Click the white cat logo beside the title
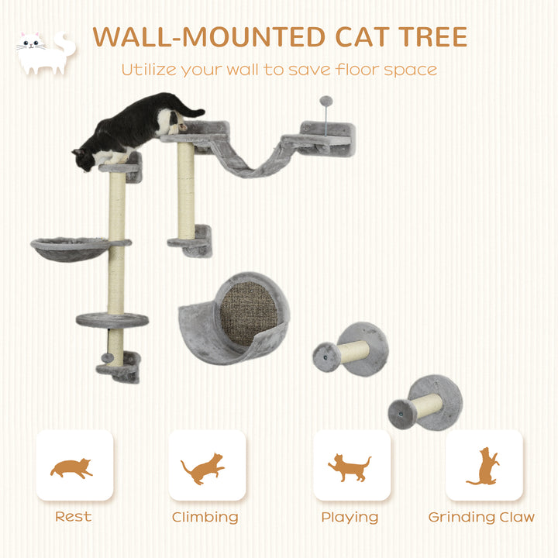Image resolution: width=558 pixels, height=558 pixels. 45,53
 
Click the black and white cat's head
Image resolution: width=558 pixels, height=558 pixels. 85,158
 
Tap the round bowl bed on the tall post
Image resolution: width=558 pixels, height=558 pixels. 70,247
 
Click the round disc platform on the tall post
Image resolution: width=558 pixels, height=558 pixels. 112,319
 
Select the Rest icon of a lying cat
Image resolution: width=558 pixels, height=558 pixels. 72,467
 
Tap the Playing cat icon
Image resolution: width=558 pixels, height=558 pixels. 349,468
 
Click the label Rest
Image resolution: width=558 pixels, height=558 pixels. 73,516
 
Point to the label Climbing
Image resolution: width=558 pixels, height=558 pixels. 205,517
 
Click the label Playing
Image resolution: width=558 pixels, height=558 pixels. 350,517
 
